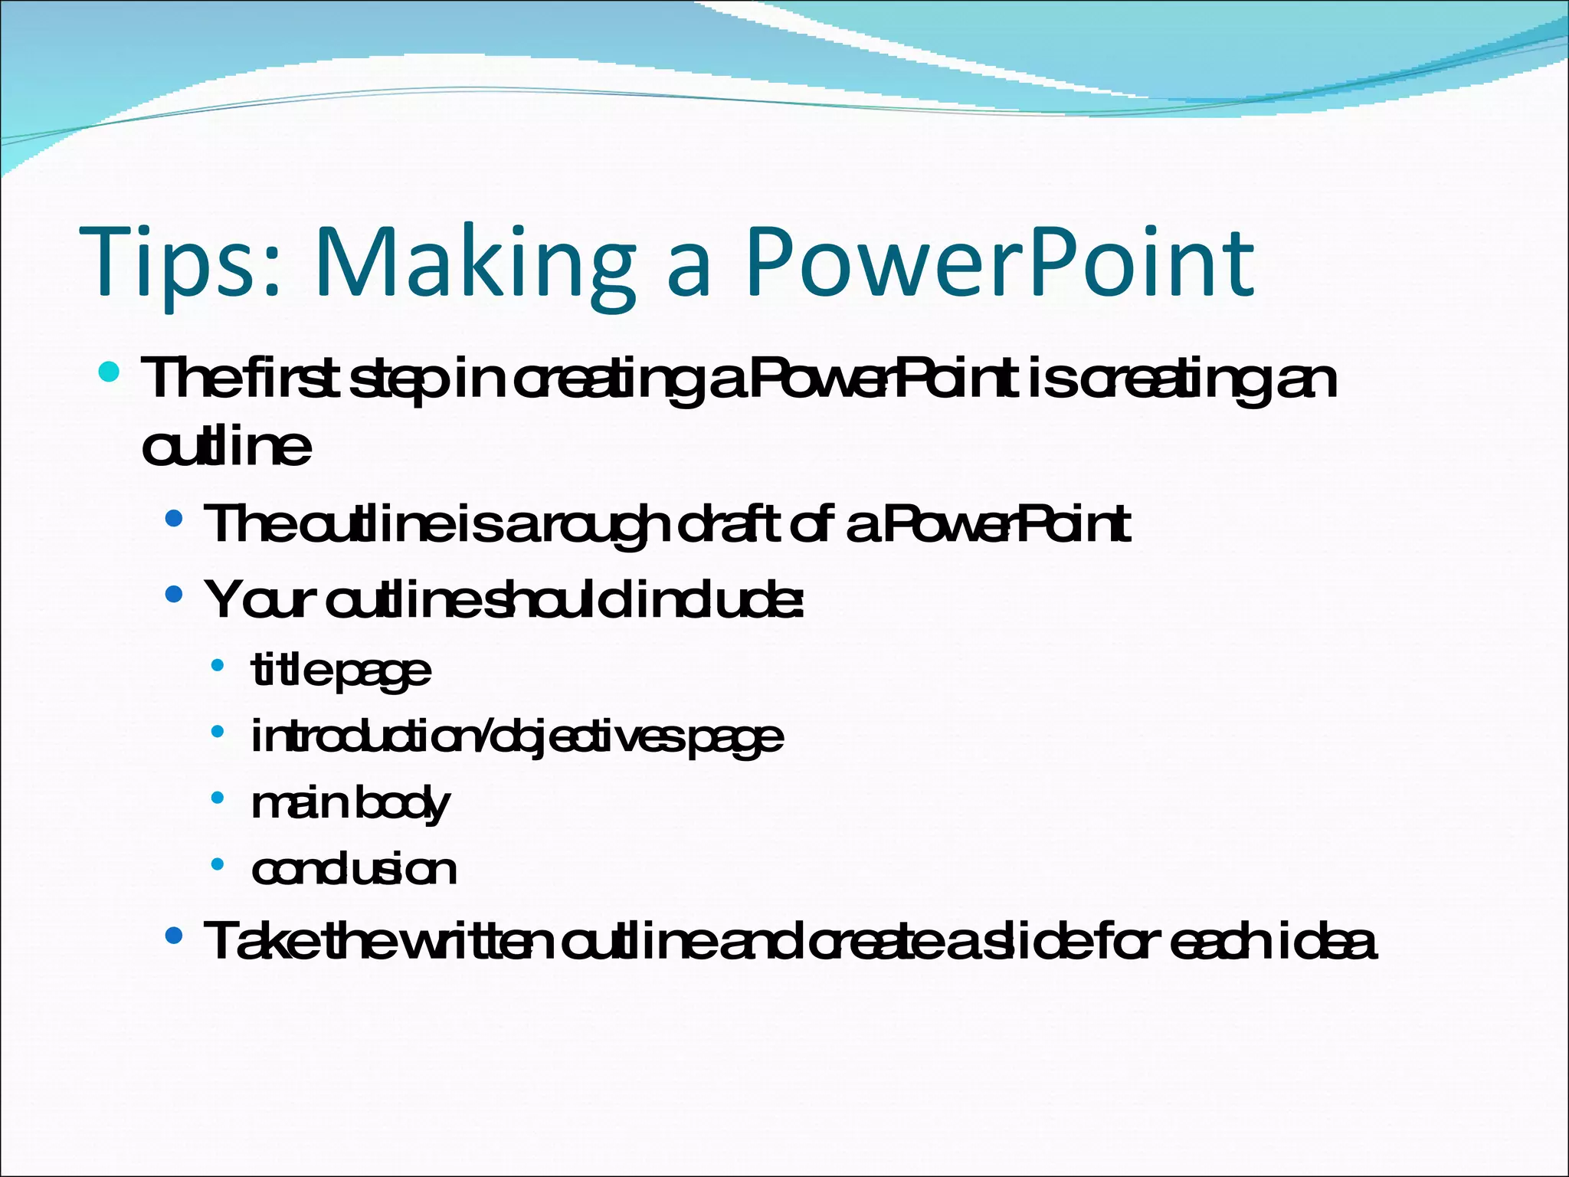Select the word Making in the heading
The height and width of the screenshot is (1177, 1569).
[x=475, y=263]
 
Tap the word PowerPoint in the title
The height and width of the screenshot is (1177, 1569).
[x=1000, y=263]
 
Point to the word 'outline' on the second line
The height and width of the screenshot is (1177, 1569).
[x=227, y=446]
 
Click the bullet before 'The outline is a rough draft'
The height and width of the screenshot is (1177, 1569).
[x=175, y=519]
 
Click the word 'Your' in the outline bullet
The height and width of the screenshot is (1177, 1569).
[x=260, y=600]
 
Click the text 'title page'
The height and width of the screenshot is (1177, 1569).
[x=341, y=671]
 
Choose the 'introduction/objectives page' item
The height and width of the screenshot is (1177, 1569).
[x=517, y=737]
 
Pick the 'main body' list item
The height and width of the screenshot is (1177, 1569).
[x=350, y=803]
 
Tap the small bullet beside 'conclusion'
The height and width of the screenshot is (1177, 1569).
[x=218, y=864]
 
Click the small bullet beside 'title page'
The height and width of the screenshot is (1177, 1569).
[x=218, y=665]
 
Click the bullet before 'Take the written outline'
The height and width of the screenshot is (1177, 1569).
[x=175, y=935]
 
